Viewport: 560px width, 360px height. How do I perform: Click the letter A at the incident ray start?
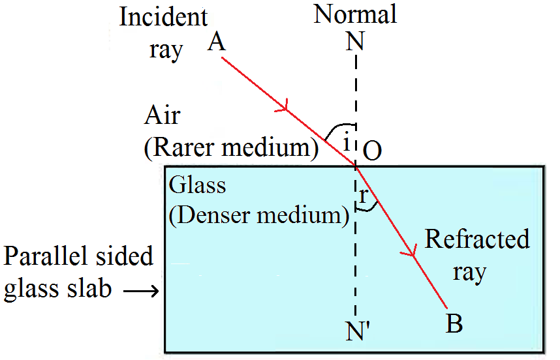(217, 43)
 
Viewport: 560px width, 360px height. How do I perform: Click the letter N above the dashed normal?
(356, 43)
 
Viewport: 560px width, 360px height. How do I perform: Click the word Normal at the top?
(355, 14)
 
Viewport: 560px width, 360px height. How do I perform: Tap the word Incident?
(164, 18)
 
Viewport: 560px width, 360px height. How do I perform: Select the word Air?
(162, 117)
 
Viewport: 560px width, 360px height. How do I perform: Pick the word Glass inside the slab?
(197, 185)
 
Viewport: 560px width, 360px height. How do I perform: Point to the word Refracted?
(477, 239)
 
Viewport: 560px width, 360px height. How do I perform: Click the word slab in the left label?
(87, 289)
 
